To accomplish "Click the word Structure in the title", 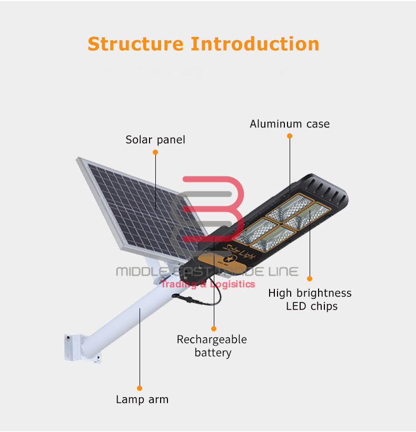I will [x=136, y=44].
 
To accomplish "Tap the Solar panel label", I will [x=155, y=140].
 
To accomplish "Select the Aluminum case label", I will [x=290, y=124].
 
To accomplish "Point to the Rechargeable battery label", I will [x=212, y=346].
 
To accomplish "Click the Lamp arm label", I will [x=142, y=399].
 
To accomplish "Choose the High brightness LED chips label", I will [x=310, y=299].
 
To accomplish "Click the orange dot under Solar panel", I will [x=155, y=152].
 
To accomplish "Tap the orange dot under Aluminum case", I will [x=290, y=136].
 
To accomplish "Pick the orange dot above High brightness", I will [x=310, y=279].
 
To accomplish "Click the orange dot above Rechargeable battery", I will [x=214, y=328].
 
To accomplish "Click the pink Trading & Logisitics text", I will [x=207, y=284].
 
